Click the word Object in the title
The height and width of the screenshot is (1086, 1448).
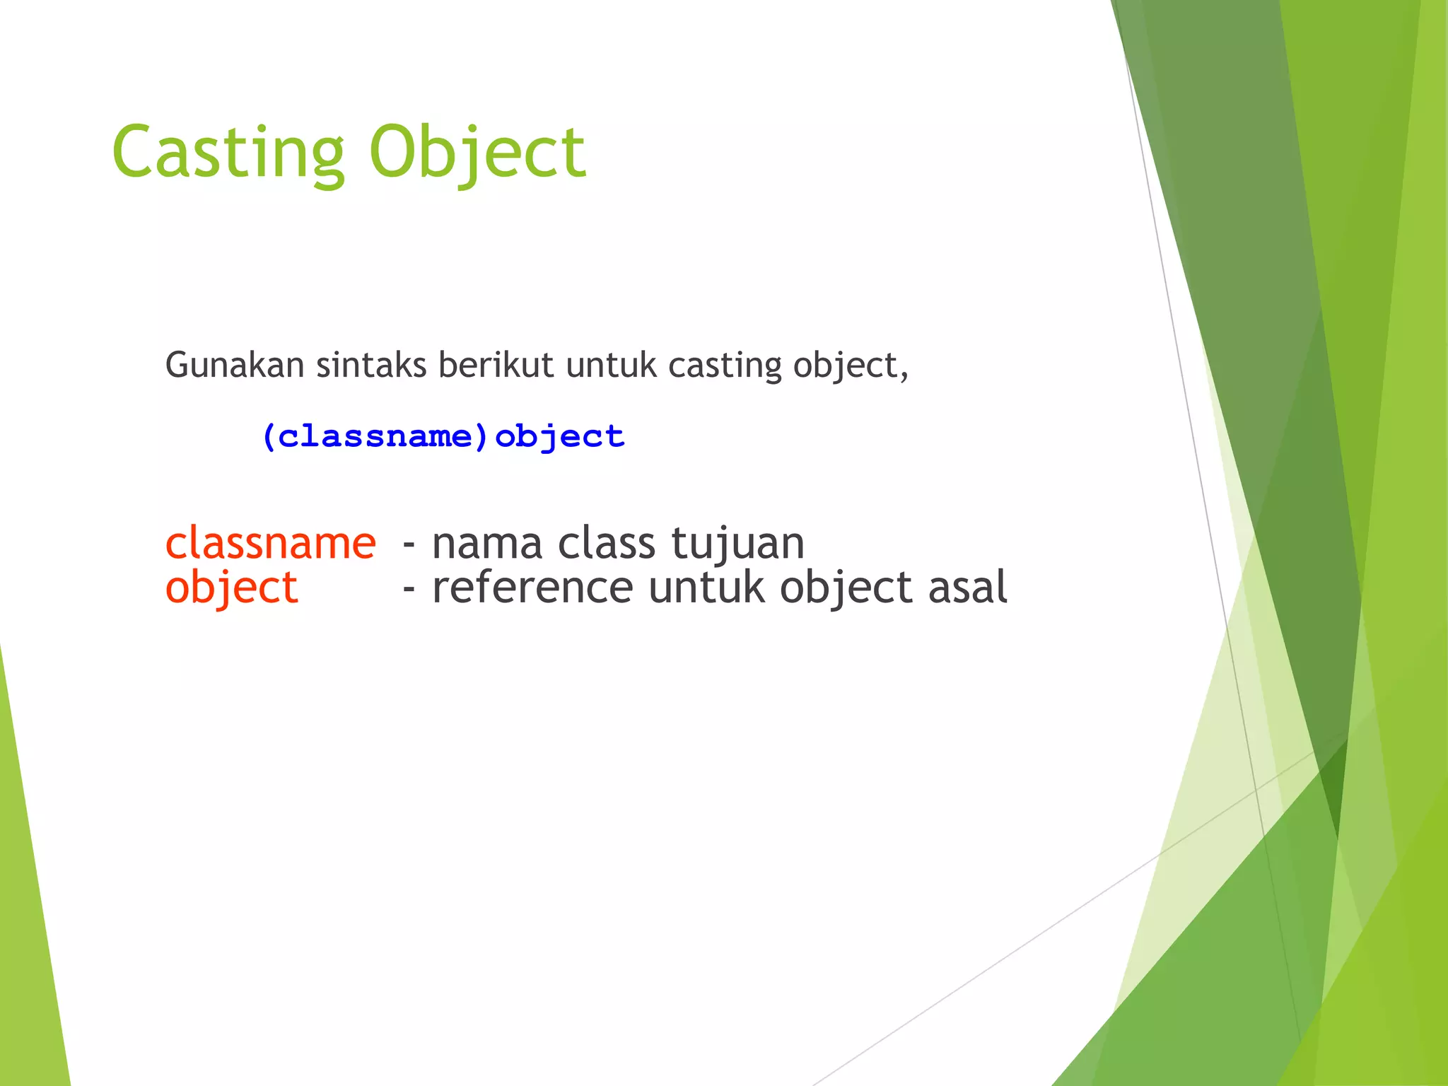(x=477, y=152)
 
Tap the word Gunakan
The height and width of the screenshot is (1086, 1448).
(x=235, y=366)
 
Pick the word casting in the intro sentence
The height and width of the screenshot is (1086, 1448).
(x=725, y=366)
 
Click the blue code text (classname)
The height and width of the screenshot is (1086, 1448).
(x=375, y=436)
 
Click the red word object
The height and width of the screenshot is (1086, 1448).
(x=231, y=588)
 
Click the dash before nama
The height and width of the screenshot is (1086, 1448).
(x=409, y=545)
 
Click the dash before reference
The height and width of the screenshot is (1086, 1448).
(x=409, y=589)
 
